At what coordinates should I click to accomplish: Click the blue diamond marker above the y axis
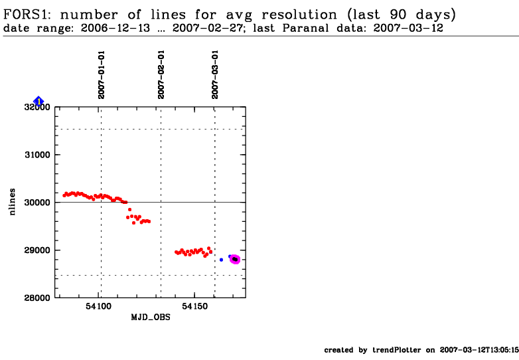click(x=38, y=101)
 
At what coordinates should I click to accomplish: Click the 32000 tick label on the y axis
click(x=38, y=107)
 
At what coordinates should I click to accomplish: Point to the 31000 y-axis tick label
click(x=38, y=155)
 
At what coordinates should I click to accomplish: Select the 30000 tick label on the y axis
click(x=38, y=203)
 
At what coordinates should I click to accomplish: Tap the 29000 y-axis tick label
click(x=38, y=250)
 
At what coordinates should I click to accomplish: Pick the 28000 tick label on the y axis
click(x=38, y=298)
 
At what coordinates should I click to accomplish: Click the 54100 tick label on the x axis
click(x=100, y=308)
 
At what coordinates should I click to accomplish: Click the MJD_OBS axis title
click(x=149, y=317)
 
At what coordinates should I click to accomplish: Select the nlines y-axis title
click(x=13, y=202)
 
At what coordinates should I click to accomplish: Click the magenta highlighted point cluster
click(x=235, y=259)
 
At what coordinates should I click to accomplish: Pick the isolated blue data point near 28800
click(x=221, y=260)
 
